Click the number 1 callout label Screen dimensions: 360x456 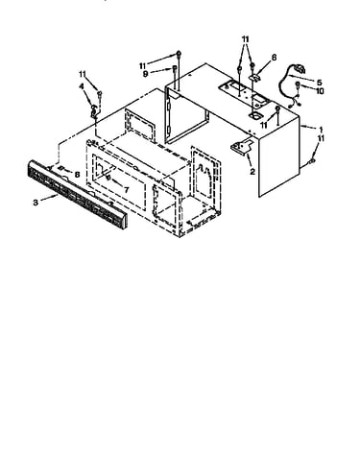321,130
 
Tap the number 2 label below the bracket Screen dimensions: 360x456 252,172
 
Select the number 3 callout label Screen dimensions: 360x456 36,203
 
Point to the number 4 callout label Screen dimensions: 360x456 82,86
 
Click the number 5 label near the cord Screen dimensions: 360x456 320,83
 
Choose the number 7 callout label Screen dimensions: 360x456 126,190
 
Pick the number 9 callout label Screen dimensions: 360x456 146,74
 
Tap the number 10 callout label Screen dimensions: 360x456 320,91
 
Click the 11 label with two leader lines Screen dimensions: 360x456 245,39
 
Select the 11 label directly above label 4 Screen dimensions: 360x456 83,74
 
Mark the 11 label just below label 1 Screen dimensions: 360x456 321,138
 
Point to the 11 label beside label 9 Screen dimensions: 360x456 143,66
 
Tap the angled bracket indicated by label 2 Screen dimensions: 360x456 243,145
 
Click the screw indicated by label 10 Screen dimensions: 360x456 298,85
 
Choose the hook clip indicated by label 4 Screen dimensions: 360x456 94,110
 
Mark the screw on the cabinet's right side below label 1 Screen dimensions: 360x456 312,162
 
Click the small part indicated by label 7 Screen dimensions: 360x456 108,177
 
